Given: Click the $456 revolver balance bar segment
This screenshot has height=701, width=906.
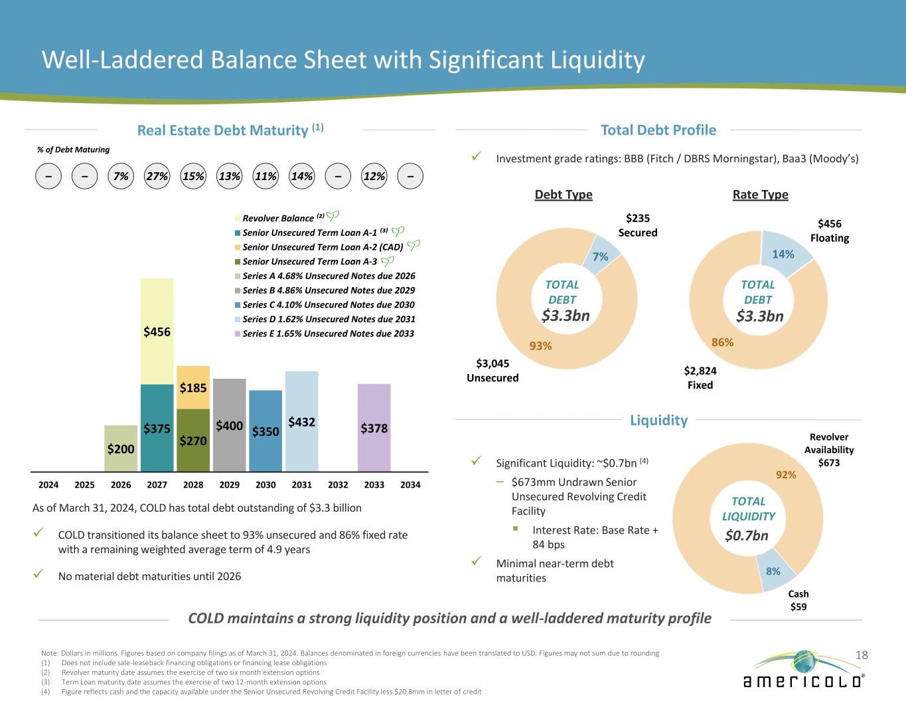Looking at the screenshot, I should [x=157, y=331].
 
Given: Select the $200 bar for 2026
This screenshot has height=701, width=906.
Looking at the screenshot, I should [x=121, y=449].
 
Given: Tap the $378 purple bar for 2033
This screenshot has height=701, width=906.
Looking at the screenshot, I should [x=374, y=428].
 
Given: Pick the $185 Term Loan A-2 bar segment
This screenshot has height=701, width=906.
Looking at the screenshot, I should [x=193, y=387].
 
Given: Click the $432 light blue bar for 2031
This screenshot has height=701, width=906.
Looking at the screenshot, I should [x=301, y=421].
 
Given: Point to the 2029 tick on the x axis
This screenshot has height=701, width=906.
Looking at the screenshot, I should [x=229, y=485].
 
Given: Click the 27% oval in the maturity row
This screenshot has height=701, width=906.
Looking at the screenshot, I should [x=157, y=177].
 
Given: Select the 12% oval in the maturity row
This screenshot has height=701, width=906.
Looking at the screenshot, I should [x=374, y=177].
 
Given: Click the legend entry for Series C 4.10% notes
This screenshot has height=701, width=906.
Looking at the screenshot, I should [x=329, y=305].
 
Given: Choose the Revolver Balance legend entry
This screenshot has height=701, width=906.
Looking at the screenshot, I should [x=277, y=219].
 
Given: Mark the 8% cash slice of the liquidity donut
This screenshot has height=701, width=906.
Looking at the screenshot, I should [x=772, y=571].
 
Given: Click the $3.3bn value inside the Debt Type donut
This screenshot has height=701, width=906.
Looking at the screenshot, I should [x=566, y=316].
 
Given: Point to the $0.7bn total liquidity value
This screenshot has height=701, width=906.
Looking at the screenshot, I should [x=747, y=536].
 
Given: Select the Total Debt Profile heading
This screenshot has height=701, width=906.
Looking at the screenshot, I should [x=658, y=130].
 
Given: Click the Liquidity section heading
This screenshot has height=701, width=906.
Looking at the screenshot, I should [x=658, y=420].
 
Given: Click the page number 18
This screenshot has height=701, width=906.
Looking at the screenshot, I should [x=861, y=655].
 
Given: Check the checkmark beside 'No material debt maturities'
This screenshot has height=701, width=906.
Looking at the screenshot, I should [x=40, y=575].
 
